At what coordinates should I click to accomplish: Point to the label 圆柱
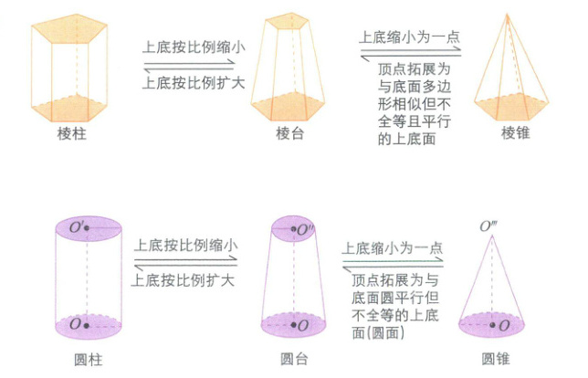[x=86, y=356]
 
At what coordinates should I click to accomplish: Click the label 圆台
[x=294, y=356]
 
